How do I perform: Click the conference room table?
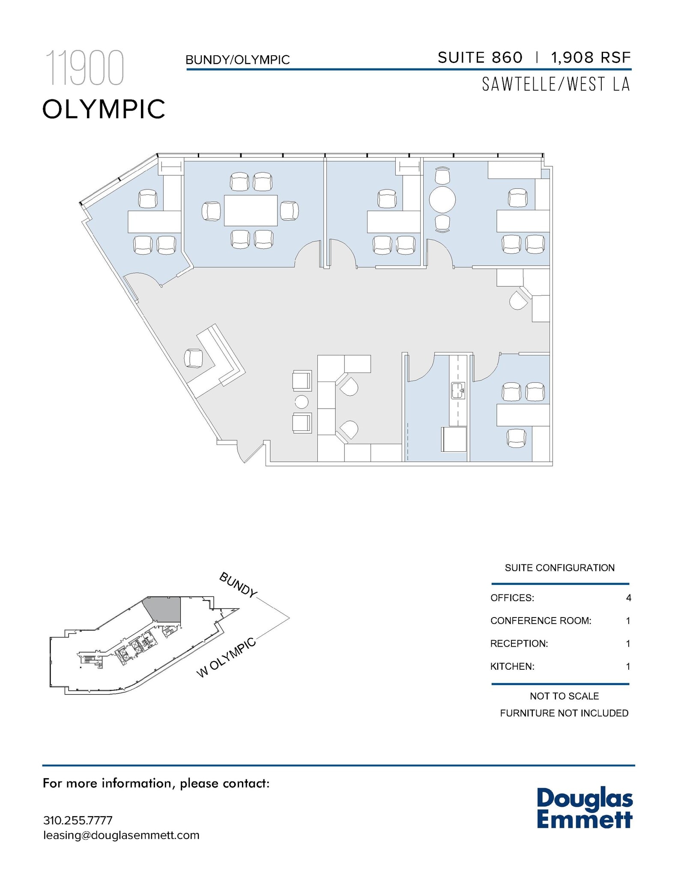point(251,210)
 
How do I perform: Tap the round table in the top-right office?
point(442,200)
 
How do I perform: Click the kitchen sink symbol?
point(458,391)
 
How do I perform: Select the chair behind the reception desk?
point(193,358)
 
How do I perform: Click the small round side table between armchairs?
point(302,402)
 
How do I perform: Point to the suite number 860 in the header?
point(507,57)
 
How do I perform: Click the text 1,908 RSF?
point(591,57)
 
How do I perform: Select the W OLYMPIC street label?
point(226,658)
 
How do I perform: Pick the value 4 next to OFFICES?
point(628,598)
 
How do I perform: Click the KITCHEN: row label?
point(512,666)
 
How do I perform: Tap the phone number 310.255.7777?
point(78,820)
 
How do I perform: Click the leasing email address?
point(121,835)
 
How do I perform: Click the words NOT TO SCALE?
point(564,696)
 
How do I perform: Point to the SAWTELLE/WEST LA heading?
point(556,84)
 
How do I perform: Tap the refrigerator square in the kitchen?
point(454,439)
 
